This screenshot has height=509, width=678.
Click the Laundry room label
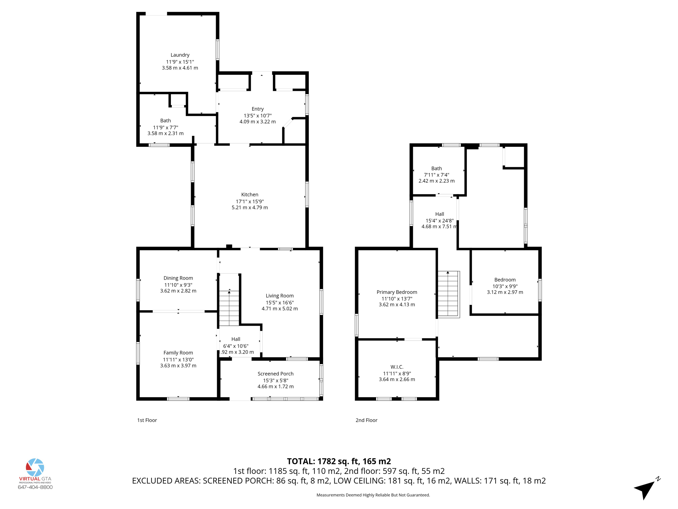pyautogui.click(x=180, y=55)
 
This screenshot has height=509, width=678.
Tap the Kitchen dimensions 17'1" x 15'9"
pyautogui.click(x=250, y=201)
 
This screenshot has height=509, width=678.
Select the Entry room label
pyautogui.click(x=258, y=109)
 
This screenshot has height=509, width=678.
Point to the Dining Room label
pyautogui.click(x=178, y=278)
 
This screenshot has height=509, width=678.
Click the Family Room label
pyautogui.click(x=178, y=353)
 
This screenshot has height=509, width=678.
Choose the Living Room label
pyautogui.click(x=279, y=296)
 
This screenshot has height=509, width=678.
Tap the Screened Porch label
pyautogui.click(x=275, y=374)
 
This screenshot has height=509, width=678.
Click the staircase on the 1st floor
pyautogui.click(x=229, y=308)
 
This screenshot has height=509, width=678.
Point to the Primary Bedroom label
pyautogui.click(x=397, y=292)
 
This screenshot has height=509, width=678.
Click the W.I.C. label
pyautogui.click(x=397, y=367)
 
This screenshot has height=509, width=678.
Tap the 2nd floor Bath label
pyautogui.click(x=436, y=168)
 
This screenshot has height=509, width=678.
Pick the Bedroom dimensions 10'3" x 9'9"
pyautogui.click(x=505, y=286)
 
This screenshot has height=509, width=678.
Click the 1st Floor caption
pyautogui.click(x=147, y=420)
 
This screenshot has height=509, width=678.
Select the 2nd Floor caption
pyautogui.click(x=366, y=420)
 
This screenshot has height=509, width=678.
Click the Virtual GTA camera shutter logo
pyautogui.click(x=35, y=467)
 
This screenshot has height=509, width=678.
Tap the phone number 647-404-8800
pyautogui.click(x=35, y=487)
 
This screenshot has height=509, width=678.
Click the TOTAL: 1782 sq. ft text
pyautogui.click(x=339, y=461)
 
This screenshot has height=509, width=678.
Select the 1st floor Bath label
pyautogui.click(x=166, y=121)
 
